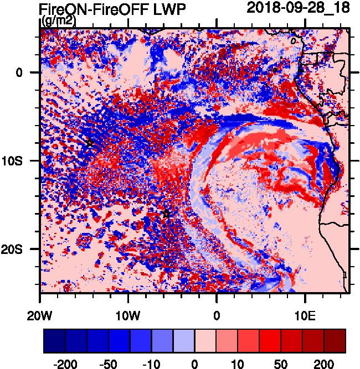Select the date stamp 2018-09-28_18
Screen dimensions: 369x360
pyautogui.click(x=298, y=8)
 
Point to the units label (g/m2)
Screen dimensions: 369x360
pyautogui.click(x=59, y=21)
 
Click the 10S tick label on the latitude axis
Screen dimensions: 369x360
pyautogui.click(x=22, y=160)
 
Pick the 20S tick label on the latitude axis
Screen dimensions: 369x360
pyautogui.click(x=22, y=249)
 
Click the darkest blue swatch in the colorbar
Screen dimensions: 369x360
pyautogui.click(x=54, y=341)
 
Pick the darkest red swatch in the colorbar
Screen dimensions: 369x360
pyautogui.click(x=335, y=341)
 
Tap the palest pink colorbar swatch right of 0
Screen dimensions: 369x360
pyautogui.click(x=205, y=341)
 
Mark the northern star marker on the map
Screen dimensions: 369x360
pyautogui.click(x=90, y=144)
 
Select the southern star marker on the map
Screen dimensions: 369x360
pyautogui.click(x=166, y=215)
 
